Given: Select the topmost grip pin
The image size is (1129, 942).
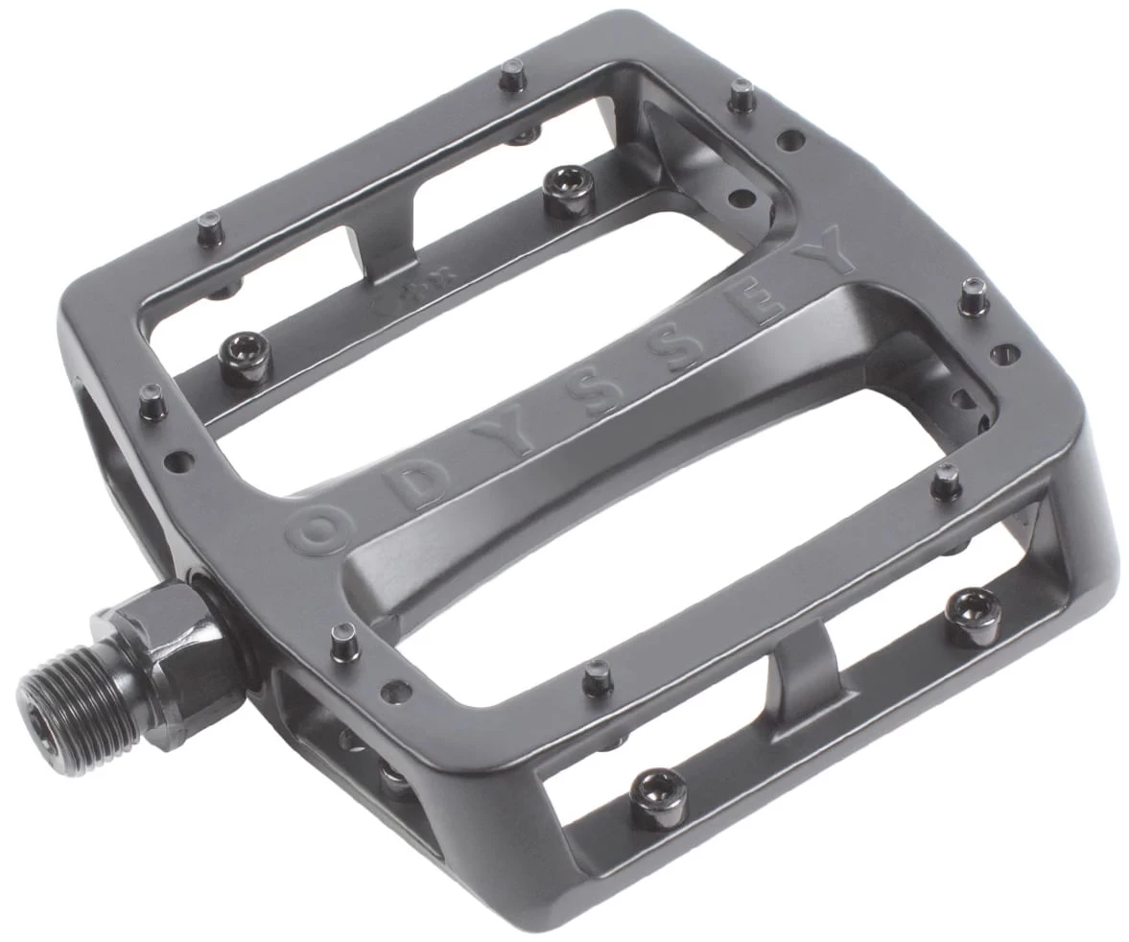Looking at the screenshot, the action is coord(509,72).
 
